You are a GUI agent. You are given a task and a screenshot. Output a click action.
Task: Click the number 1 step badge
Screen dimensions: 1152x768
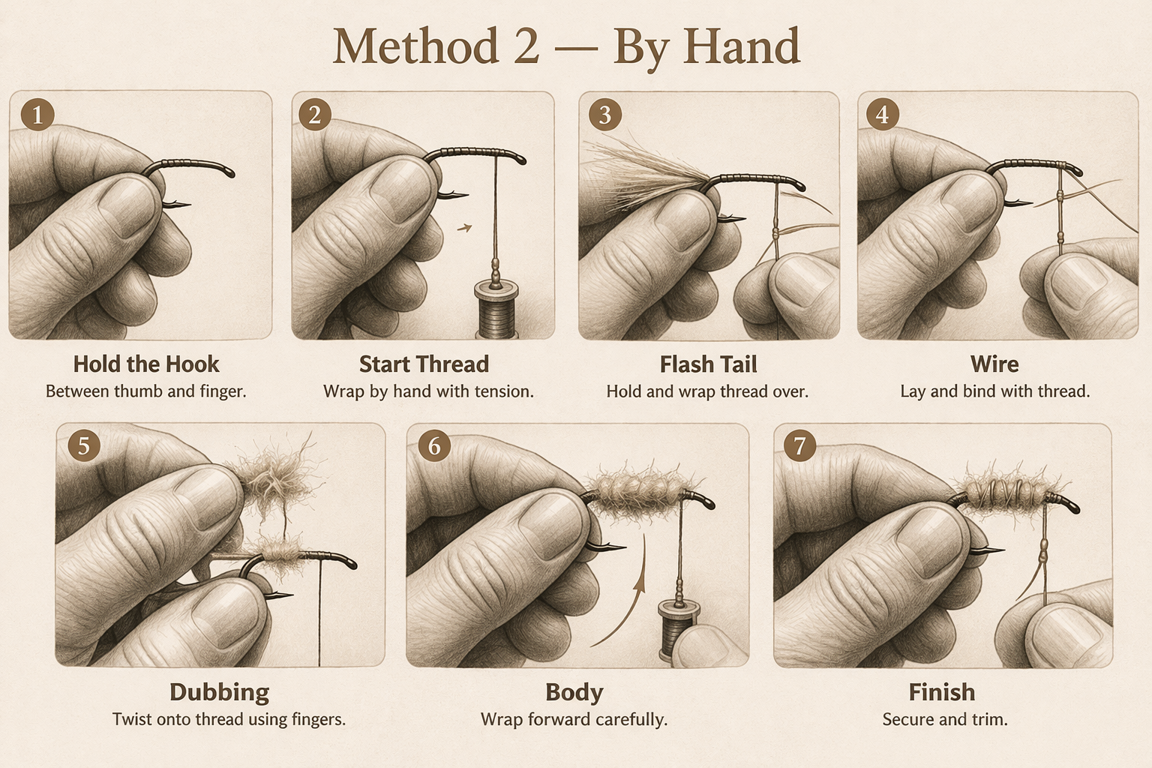coord(37,114)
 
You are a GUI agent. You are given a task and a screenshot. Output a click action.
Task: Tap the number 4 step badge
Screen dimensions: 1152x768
coord(883,114)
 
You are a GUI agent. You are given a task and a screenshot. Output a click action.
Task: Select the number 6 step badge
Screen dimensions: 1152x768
coord(434,445)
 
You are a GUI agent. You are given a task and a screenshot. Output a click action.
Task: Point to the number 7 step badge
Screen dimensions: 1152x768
coord(799,445)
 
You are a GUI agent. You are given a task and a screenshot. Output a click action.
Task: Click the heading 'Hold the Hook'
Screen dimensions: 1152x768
coord(146,364)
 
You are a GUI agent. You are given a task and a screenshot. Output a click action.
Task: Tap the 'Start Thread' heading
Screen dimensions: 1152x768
coord(424,364)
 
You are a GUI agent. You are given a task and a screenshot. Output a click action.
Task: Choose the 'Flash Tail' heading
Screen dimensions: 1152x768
coord(708,364)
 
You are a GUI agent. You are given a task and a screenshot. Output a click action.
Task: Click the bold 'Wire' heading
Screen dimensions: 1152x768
coord(994,364)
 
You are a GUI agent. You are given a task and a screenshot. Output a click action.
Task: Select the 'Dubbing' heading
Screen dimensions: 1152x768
coord(219,692)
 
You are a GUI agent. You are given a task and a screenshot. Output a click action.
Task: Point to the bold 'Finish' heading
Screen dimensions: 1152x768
coord(942,691)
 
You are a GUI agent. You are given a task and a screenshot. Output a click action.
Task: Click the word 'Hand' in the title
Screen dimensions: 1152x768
coord(742,46)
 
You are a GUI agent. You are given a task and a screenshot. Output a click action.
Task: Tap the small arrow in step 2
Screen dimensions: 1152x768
coord(464,227)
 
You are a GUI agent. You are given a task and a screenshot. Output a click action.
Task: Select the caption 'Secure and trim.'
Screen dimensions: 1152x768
coord(945,719)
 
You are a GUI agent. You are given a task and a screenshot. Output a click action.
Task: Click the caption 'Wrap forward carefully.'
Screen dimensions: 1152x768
coord(574,720)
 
